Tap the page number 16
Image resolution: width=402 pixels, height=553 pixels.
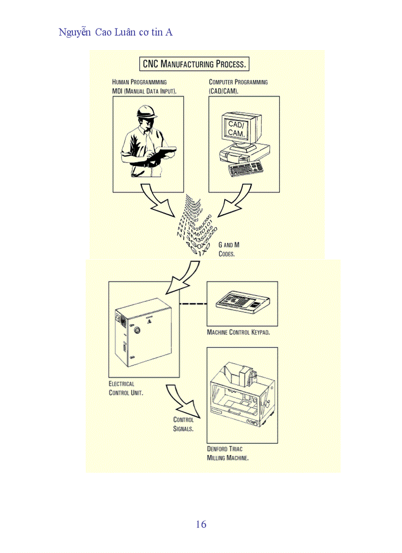(201, 524)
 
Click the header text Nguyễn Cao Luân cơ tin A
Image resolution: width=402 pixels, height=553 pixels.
(115, 33)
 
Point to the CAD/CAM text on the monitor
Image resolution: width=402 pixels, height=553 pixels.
(235, 129)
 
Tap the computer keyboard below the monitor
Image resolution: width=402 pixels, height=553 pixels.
(246, 168)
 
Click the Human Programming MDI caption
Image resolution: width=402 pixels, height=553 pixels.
(144, 87)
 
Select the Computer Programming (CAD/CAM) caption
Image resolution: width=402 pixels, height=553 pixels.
(238, 87)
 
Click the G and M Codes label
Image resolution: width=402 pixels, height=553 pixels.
(229, 249)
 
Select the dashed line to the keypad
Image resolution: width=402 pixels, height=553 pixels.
(192, 304)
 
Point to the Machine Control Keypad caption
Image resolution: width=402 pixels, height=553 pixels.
(238, 332)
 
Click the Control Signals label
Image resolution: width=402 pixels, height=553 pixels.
(183, 424)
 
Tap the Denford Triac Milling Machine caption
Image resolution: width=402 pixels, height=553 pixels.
(228, 453)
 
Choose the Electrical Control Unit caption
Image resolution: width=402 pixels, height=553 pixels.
(126, 388)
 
